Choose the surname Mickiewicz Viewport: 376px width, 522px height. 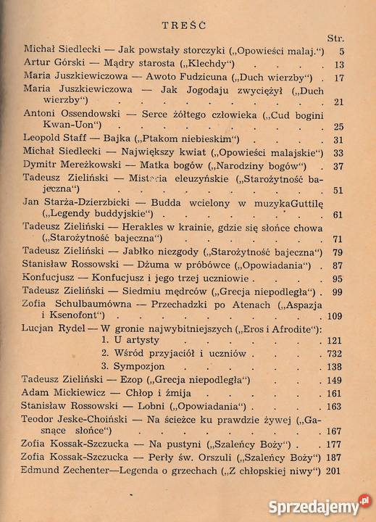point(80,392)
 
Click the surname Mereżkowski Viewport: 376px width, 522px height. point(95,166)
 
